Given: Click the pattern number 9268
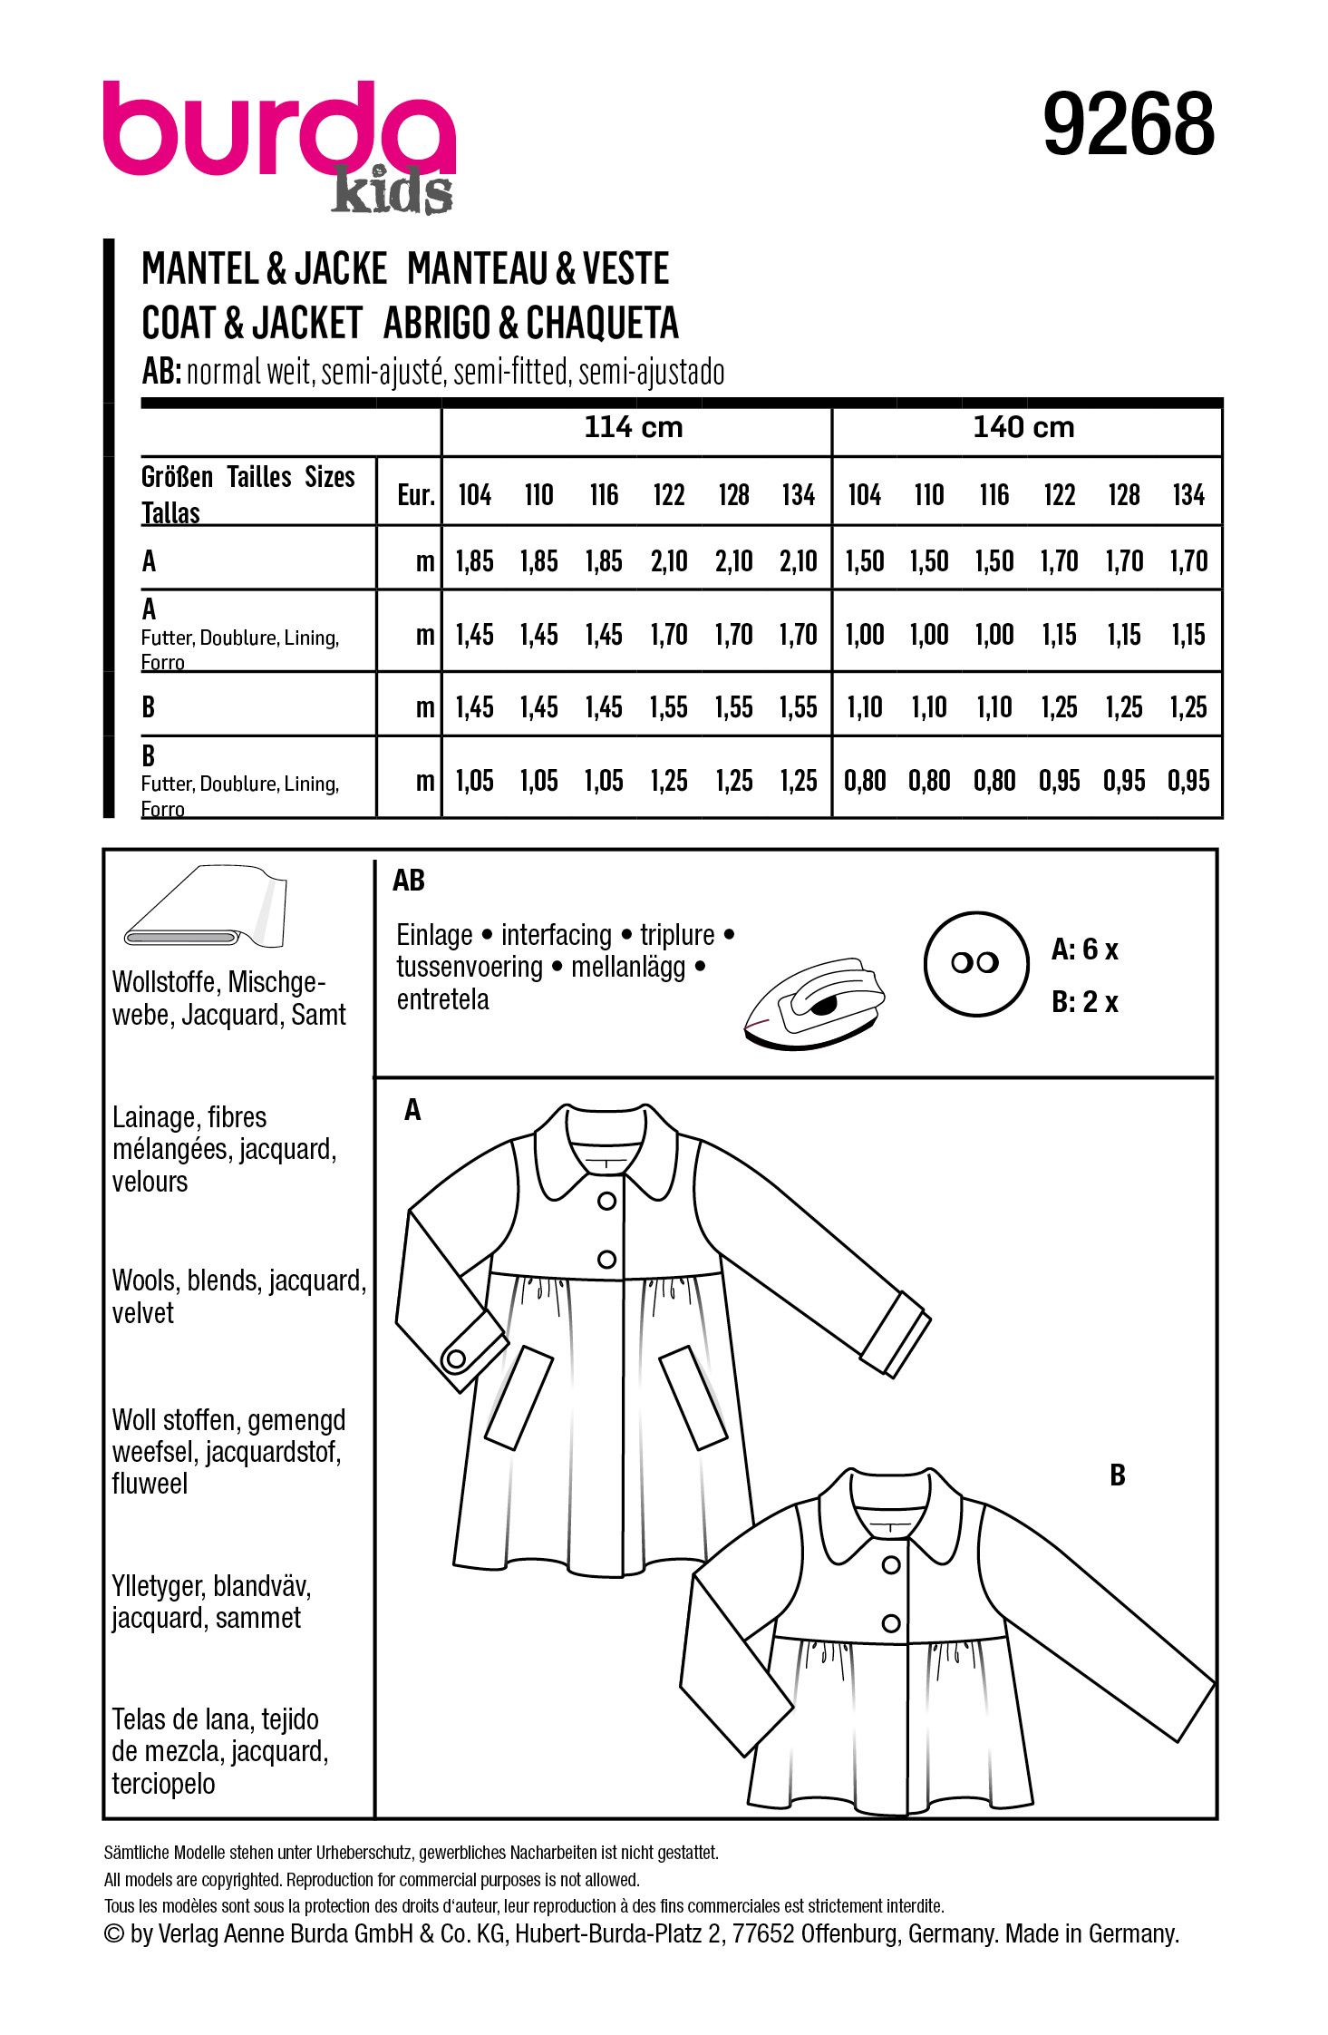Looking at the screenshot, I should point(1128,124).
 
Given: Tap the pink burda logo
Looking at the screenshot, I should point(278,129).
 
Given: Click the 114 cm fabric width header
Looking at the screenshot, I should point(633,427).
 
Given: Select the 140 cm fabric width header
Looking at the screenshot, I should point(1023,427).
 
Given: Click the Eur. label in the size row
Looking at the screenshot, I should point(416,495).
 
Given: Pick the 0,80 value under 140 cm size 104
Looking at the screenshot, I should point(865,781).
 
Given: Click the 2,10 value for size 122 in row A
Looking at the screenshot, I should point(669,561).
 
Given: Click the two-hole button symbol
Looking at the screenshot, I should point(975,963).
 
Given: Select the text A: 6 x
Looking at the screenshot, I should point(1084,949).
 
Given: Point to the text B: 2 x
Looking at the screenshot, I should point(1084,1002).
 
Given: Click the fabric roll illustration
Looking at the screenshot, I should point(206,908).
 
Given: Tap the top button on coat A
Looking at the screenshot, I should point(607,1201).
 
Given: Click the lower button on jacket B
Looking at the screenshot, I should point(891,1623).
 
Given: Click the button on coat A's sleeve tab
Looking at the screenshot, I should point(456,1359).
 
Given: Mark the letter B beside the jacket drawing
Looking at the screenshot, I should point(1118,1475).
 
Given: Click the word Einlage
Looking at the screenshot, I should point(434,935).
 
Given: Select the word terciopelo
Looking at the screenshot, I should point(163,1784).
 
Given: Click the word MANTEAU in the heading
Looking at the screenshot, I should point(477,269).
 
